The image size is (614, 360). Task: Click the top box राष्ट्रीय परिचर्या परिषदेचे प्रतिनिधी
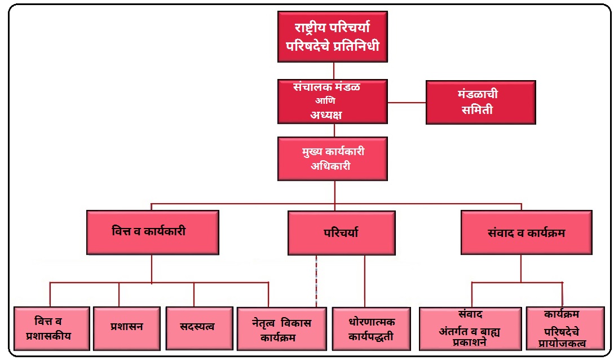pos(333,36)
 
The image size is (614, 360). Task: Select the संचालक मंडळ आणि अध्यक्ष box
pos(333,101)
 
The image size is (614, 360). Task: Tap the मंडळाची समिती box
pos(480,102)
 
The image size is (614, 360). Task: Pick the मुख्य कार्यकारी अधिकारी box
pos(333,159)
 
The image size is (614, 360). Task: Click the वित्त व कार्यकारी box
pos(152,232)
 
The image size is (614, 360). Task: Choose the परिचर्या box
pos(341,233)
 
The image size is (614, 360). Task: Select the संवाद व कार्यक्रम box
pos(526,232)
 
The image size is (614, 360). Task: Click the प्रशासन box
pos(127,327)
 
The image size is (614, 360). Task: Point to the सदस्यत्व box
pos(198,327)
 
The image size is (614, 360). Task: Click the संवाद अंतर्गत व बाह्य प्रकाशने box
pos(470,329)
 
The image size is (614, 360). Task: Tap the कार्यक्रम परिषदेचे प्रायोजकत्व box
pos(562,329)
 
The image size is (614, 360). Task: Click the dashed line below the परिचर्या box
pos(316,281)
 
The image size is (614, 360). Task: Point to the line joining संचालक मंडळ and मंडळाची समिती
pos(406,103)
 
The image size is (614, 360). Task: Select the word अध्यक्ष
pos(326,115)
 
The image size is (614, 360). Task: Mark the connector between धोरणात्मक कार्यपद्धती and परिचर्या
pos(364,281)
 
